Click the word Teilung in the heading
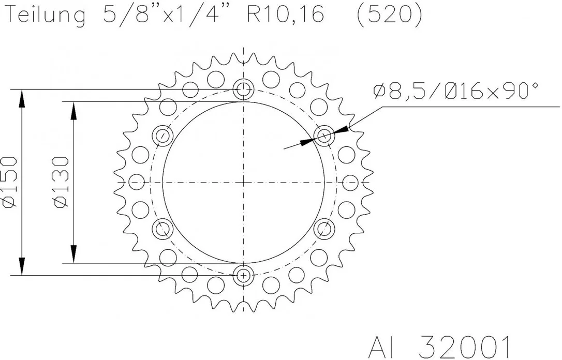(x=46, y=16)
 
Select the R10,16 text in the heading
(x=285, y=14)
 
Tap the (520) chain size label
(x=389, y=15)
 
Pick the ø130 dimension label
(x=61, y=182)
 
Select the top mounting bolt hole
(x=243, y=89)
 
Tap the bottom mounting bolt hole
(x=243, y=276)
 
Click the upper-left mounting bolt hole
(x=162, y=136)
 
